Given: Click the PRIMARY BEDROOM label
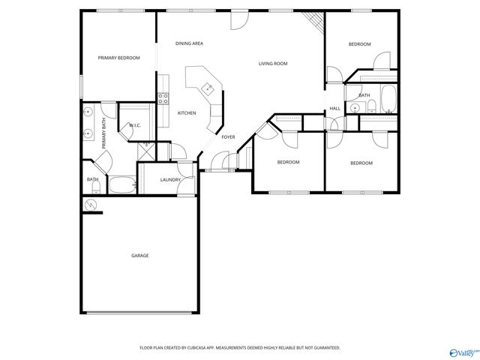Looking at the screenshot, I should pos(118,58).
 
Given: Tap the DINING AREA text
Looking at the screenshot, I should pos(189,43).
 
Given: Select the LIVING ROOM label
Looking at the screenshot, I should pos(273,64).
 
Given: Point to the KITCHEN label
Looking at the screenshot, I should pos(187,113).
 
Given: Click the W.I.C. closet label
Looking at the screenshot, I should pos(135,125).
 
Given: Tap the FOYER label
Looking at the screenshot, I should pos(228,137).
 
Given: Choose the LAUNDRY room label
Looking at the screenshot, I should pos(169,180).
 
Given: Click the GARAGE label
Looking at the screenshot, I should pos(140,256).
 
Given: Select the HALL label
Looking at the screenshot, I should pos(334,109).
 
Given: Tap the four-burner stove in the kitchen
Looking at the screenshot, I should pos(163,97).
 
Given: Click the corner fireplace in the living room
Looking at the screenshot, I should pos(316,22).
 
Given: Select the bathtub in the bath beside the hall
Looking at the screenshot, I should pos(388,97).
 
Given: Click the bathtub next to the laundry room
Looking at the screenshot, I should pos(121,184).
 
